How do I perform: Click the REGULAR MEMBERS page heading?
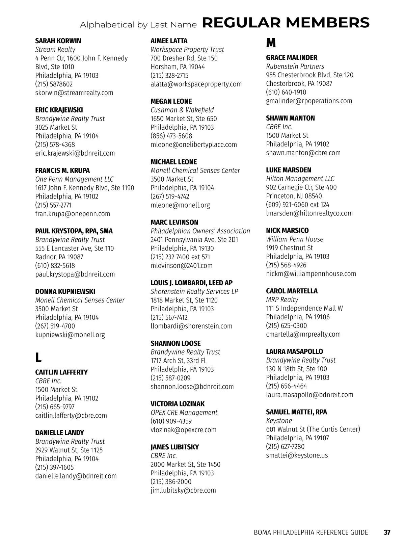pos(286,23)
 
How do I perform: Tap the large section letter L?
pos(38,357)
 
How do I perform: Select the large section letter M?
pos(271,43)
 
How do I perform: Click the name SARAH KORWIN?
pos(58,41)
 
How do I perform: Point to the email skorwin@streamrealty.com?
pos(74,93)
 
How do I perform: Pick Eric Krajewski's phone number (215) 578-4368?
pos(55,145)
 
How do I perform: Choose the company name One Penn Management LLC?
pos(74,179)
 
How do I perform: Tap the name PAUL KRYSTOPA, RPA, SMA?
pos(74,231)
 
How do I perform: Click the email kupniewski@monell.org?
pos(70,335)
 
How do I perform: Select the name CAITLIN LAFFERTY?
pos(61,372)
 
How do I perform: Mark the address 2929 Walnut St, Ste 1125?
pos(69,450)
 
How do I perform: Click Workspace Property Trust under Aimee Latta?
pos(187,50)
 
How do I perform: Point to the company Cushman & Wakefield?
pos(182,110)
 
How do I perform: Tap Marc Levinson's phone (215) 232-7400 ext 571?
pos(180,257)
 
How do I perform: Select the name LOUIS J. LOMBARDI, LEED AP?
pos(191,283)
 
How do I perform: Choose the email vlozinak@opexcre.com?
pos(183,430)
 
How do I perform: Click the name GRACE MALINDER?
pos(292,58)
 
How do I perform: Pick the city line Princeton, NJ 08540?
pos(294,196)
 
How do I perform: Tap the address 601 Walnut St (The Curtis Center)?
pos(313,429)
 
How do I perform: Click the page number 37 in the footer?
pos(387,532)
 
